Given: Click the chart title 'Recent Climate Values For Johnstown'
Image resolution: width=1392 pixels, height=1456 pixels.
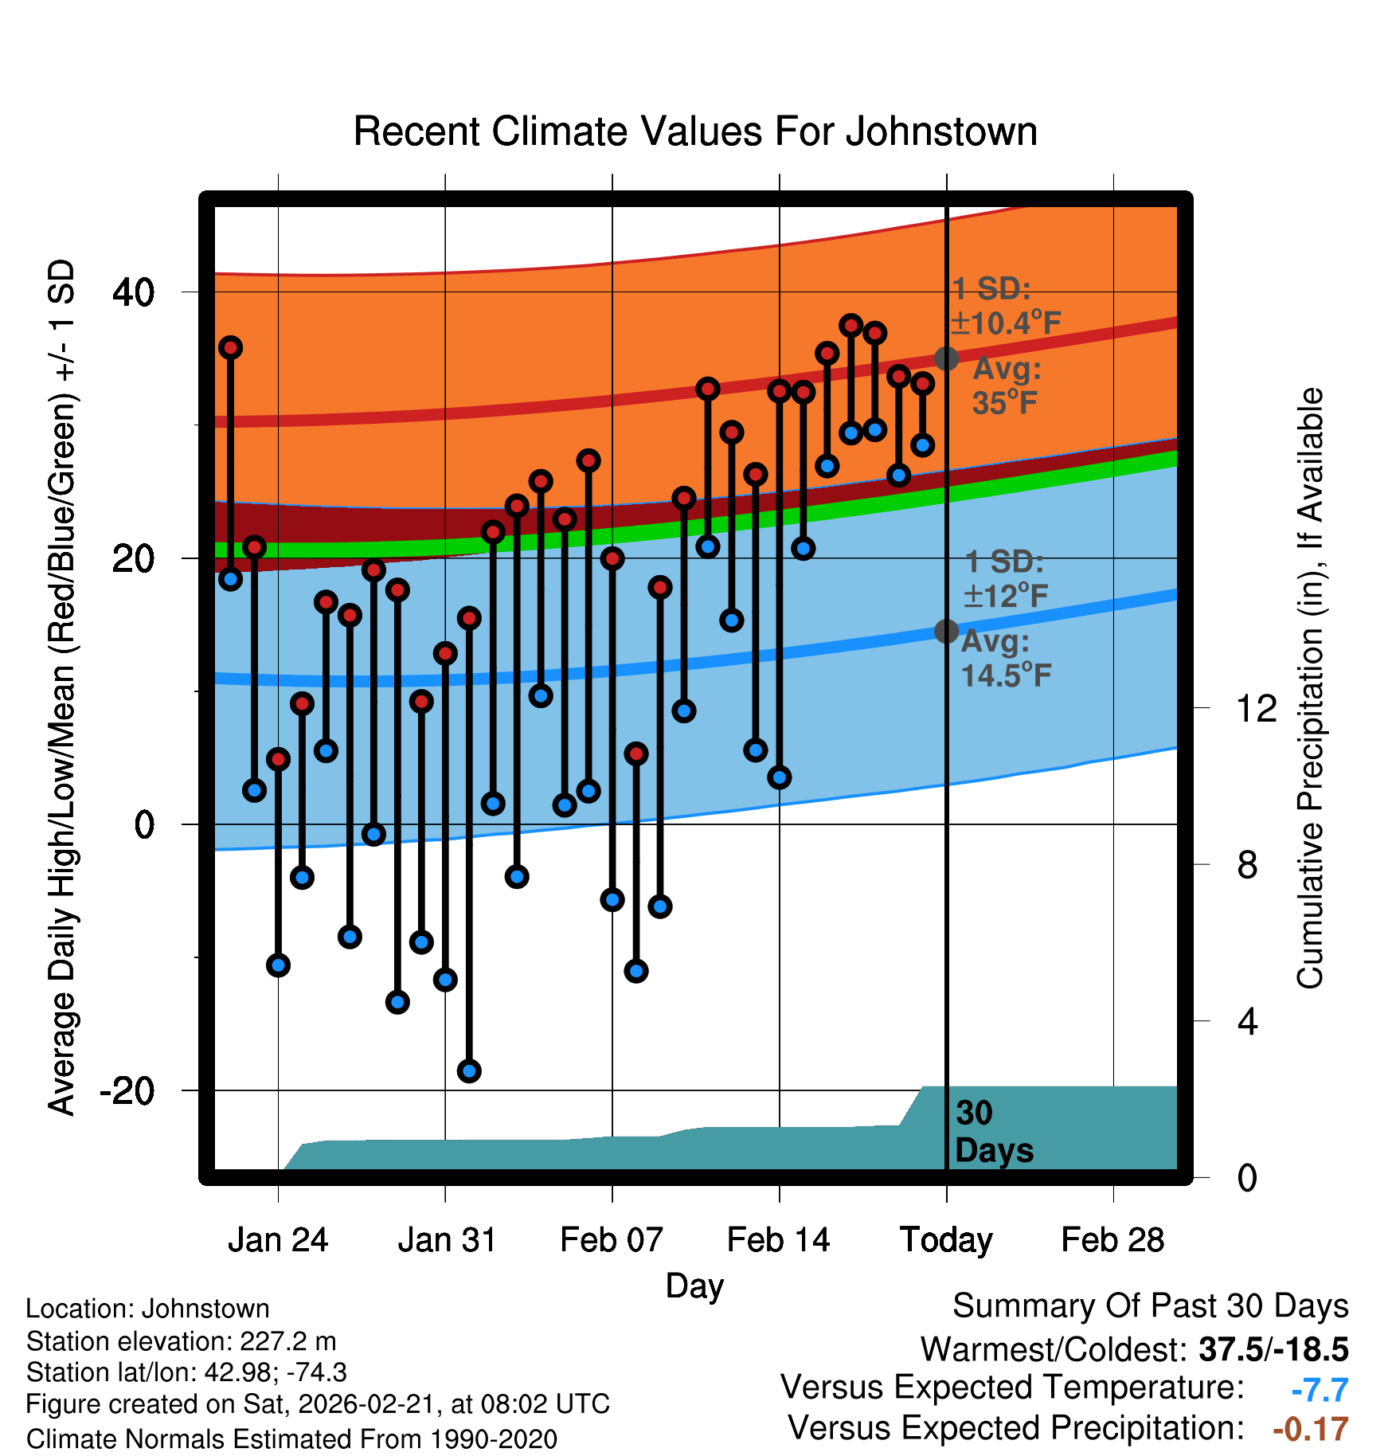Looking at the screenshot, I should tap(695, 131).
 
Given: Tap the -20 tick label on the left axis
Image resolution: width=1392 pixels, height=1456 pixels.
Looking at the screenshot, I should tap(127, 1090).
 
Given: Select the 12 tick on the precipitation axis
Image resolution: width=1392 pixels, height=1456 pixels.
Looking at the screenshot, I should tap(1257, 708).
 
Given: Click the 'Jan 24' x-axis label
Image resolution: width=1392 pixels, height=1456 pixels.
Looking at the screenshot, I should tap(278, 1240).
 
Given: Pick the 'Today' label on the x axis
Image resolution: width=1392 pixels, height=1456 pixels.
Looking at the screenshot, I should tap(946, 1240).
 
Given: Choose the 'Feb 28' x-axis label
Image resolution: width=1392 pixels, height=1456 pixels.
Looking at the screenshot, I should tap(1112, 1240).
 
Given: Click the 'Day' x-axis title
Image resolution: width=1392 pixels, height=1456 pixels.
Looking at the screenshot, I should tap(694, 1286).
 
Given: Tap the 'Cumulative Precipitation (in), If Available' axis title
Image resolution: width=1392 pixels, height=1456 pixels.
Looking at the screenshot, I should tap(1310, 688).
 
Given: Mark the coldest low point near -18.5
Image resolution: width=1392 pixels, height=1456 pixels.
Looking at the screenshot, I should tap(469, 1071).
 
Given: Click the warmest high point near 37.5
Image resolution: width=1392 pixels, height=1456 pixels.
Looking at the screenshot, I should tap(851, 325).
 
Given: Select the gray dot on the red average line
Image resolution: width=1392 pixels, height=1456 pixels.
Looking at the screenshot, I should tap(946, 358).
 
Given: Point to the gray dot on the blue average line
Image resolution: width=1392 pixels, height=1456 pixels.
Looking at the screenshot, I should tap(946, 632).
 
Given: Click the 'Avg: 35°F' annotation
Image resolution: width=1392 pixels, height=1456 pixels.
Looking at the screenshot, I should tap(1007, 386).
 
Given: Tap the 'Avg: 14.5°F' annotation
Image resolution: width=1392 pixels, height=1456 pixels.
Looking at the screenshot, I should tap(1006, 659).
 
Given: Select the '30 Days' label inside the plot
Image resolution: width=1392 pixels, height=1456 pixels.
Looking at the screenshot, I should tap(994, 1132).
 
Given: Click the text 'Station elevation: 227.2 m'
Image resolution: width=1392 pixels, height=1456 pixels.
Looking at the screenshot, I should tap(181, 1341).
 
